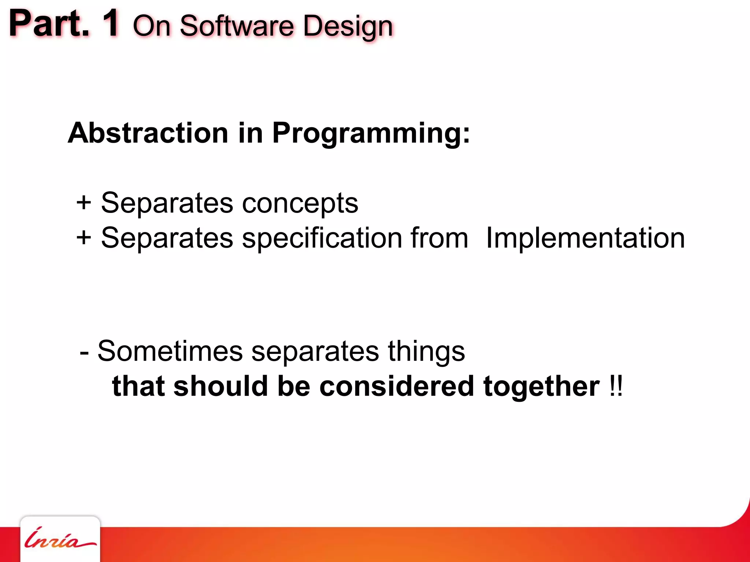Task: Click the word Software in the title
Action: pos(237,26)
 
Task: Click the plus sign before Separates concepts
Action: pos(84,203)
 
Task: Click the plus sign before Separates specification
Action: pos(84,238)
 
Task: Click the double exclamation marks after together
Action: pos(616,386)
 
